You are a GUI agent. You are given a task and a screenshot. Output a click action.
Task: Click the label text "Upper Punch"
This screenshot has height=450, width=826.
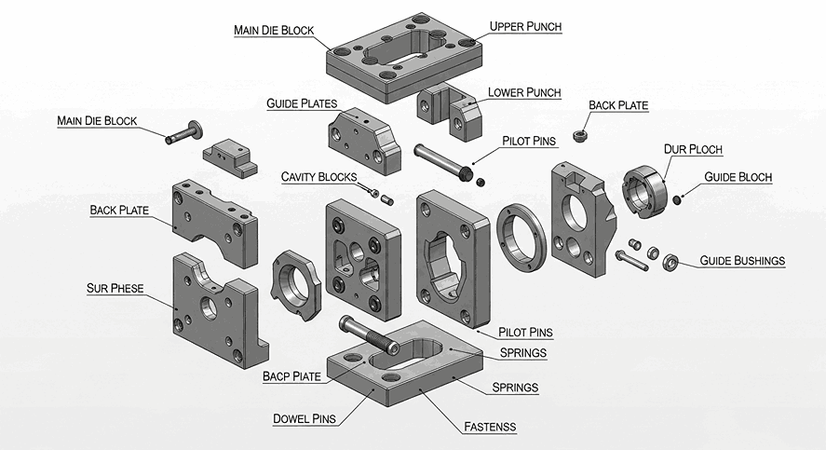pyautogui.click(x=526, y=27)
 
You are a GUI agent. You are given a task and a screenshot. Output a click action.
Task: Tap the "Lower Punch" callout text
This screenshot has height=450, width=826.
pyautogui.click(x=524, y=92)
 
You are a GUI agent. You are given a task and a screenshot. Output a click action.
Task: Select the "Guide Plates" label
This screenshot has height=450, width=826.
pyautogui.click(x=301, y=102)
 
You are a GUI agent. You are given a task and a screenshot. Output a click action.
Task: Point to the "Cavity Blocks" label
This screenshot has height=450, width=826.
pyautogui.click(x=318, y=176)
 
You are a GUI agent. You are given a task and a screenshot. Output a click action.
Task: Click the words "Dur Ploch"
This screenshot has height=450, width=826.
pyautogui.click(x=693, y=149)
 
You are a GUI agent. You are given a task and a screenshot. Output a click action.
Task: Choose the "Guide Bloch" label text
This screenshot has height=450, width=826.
pyautogui.click(x=738, y=176)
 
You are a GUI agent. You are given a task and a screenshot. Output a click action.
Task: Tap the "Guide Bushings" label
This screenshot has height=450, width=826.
pyautogui.click(x=741, y=261)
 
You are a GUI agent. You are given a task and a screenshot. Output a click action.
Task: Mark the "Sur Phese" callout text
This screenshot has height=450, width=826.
pyautogui.click(x=115, y=288)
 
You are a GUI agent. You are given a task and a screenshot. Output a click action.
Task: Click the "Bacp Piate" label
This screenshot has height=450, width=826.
pyautogui.click(x=291, y=376)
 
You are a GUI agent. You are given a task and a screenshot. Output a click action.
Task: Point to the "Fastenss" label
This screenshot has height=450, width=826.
pyautogui.click(x=490, y=428)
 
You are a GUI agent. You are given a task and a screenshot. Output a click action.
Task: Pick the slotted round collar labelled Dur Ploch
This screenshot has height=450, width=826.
pyautogui.click(x=646, y=189)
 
